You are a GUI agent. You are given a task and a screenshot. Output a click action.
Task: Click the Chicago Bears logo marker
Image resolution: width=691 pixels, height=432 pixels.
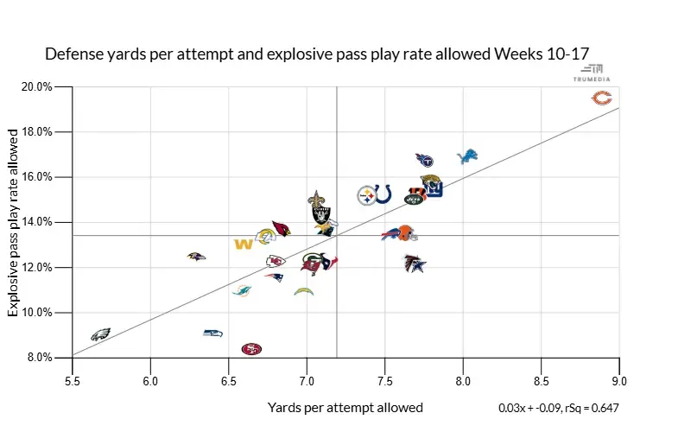pyautogui.click(x=602, y=98)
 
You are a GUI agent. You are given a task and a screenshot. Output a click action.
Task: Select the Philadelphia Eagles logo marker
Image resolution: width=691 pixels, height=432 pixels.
pyautogui.click(x=101, y=334)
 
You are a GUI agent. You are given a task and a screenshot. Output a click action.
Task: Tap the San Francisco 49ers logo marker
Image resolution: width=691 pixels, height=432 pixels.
pyautogui.click(x=251, y=349)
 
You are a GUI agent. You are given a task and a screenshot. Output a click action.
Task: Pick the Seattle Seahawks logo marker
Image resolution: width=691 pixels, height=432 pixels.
pyautogui.click(x=212, y=333)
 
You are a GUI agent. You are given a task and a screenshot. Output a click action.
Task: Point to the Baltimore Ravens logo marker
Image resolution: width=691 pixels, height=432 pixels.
pyautogui.click(x=197, y=257)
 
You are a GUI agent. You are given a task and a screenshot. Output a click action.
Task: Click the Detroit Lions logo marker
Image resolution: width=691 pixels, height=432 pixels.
pyautogui.click(x=467, y=156)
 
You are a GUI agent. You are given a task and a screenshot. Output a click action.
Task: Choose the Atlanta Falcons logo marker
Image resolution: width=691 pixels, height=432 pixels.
pyautogui.click(x=415, y=264)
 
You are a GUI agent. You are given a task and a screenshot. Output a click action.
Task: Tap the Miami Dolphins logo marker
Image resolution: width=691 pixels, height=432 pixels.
pyautogui.click(x=242, y=290)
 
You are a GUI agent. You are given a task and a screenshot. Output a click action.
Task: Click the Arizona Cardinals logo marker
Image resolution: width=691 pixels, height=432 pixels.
pyautogui.click(x=281, y=228)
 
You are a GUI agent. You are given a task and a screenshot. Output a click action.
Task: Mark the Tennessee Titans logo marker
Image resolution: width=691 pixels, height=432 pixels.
pyautogui.click(x=424, y=160)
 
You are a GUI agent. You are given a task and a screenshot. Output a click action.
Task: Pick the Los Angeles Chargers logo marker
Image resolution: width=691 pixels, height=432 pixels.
pyautogui.click(x=303, y=292)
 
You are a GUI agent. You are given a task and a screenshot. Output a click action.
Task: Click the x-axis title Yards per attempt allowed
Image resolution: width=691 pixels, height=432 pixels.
pyautogui.click(x=345, y=407)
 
